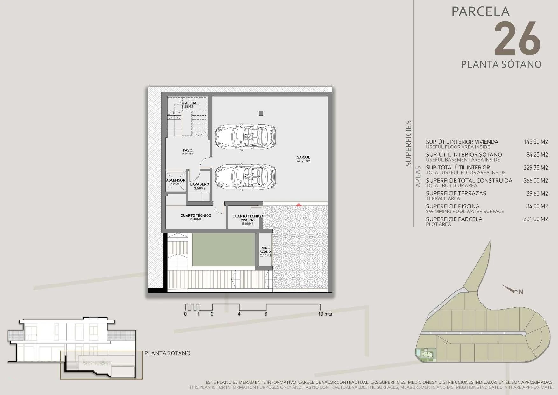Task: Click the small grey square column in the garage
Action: (x=261, y=113)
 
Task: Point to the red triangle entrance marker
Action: (x=299, y=205)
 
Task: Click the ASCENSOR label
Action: (x=175, y=180)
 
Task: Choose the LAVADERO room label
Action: (x=200, y=184)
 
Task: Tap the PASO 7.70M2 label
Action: (x=187, y=152)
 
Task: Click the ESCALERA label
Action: (x=187, y=103)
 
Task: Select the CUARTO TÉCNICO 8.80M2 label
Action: (x=196, y=217)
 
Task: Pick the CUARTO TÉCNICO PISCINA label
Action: (x=248, y=218)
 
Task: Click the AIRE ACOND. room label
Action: (x=265, y=250)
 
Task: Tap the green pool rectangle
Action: (x=223, y=250)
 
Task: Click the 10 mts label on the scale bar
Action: (x=325, y=314)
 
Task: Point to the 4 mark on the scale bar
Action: (x=239, y=314)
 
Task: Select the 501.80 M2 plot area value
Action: (x=536, y=219)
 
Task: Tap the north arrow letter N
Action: (x=521, y=292)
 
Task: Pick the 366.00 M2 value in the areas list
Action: (x=536, y=181)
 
